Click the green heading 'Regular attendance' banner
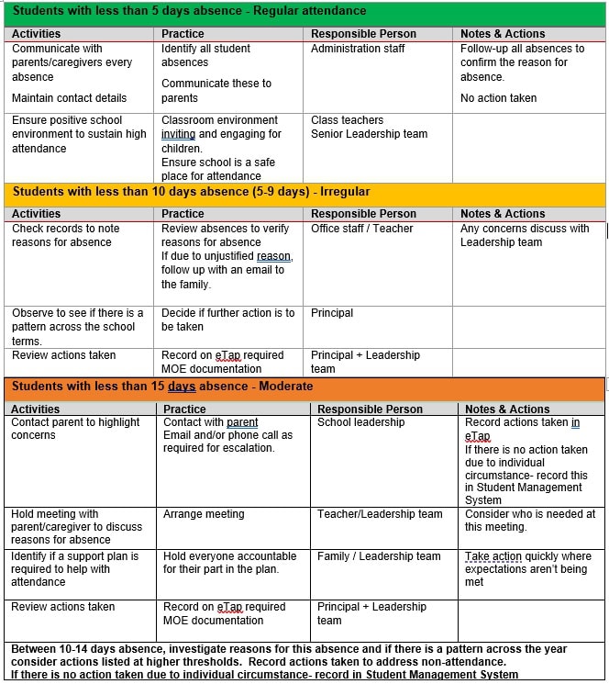point(189,12)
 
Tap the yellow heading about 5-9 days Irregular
point(191,192)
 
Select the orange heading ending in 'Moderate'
point(162,387)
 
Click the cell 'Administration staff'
point(358,49)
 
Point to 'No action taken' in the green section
point(498,98)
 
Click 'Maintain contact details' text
point(70,98)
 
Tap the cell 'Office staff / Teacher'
point(361,229)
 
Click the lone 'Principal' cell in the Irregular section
point(332,313)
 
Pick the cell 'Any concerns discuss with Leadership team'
point(525,235)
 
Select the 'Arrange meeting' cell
point(204,514)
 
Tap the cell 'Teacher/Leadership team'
point(380,514)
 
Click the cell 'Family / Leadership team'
point(379,556)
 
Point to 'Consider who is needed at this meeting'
point(529,521)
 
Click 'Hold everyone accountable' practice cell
point(229,563)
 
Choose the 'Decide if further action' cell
point(227,320)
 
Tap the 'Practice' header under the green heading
point(183,34)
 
